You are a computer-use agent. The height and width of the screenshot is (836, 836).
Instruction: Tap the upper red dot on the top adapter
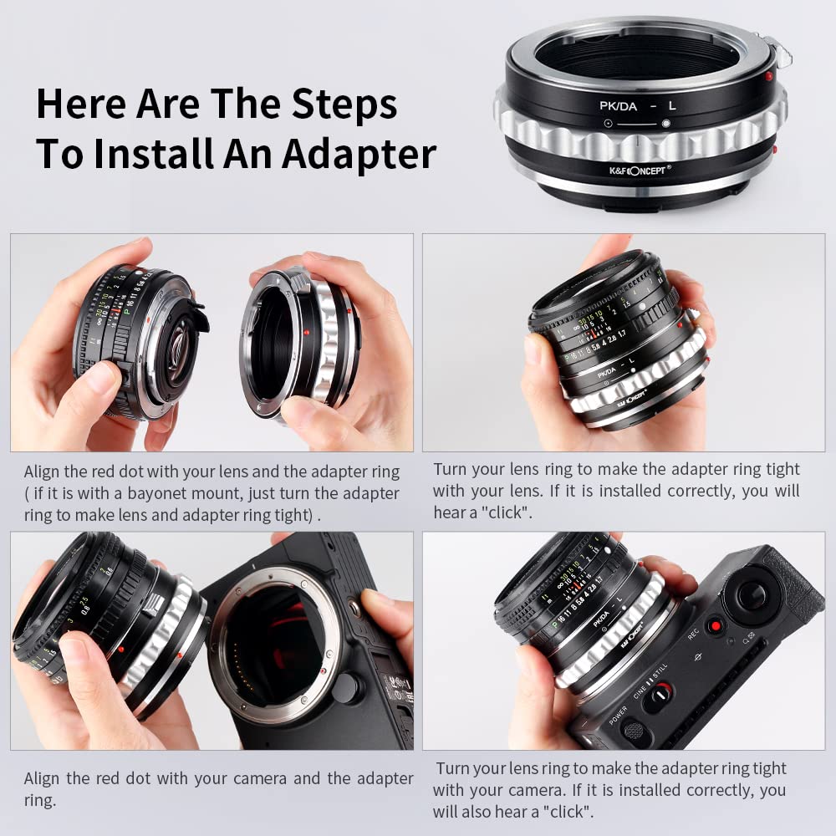click(x=768, y=77)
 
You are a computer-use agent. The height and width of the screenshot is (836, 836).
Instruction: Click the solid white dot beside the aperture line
click(x=665, y=124)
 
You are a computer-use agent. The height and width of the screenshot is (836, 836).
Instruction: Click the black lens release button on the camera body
click(x=344, y=687)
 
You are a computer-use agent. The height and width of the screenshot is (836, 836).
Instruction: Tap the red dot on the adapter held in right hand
click(x=308, y=332)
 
